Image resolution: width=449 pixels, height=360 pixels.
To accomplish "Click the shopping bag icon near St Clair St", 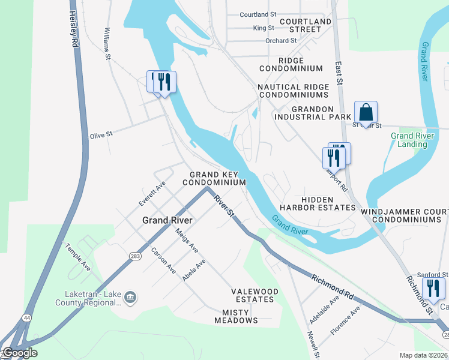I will click(366, 112).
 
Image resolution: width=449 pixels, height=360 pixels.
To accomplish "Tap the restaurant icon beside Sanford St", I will click(433, 289).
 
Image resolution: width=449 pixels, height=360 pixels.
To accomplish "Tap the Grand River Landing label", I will click(412, 140).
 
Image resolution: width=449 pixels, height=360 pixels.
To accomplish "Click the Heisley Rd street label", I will click(74, 29).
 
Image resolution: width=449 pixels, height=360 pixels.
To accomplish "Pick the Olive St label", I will click(101, 135).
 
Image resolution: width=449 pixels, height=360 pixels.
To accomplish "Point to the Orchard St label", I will click(281, 41).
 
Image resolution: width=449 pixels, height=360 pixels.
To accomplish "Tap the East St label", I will click(339, 75).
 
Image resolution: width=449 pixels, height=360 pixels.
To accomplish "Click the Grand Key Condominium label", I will click(214, 178).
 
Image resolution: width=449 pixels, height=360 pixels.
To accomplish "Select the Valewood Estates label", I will click(255, 295).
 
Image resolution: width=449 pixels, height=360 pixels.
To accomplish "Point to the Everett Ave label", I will click(152, 194).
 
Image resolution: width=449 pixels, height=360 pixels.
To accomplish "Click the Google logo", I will click(20, 353).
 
